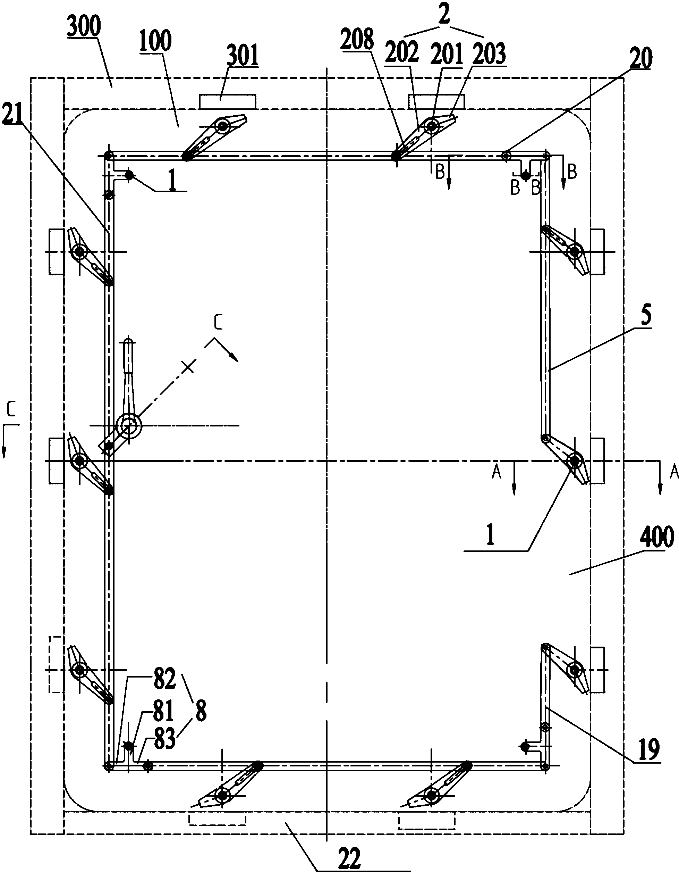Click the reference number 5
[x=646, y=314]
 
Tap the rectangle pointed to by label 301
[x=227, y=101]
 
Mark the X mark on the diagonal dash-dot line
[x=188, y=366]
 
